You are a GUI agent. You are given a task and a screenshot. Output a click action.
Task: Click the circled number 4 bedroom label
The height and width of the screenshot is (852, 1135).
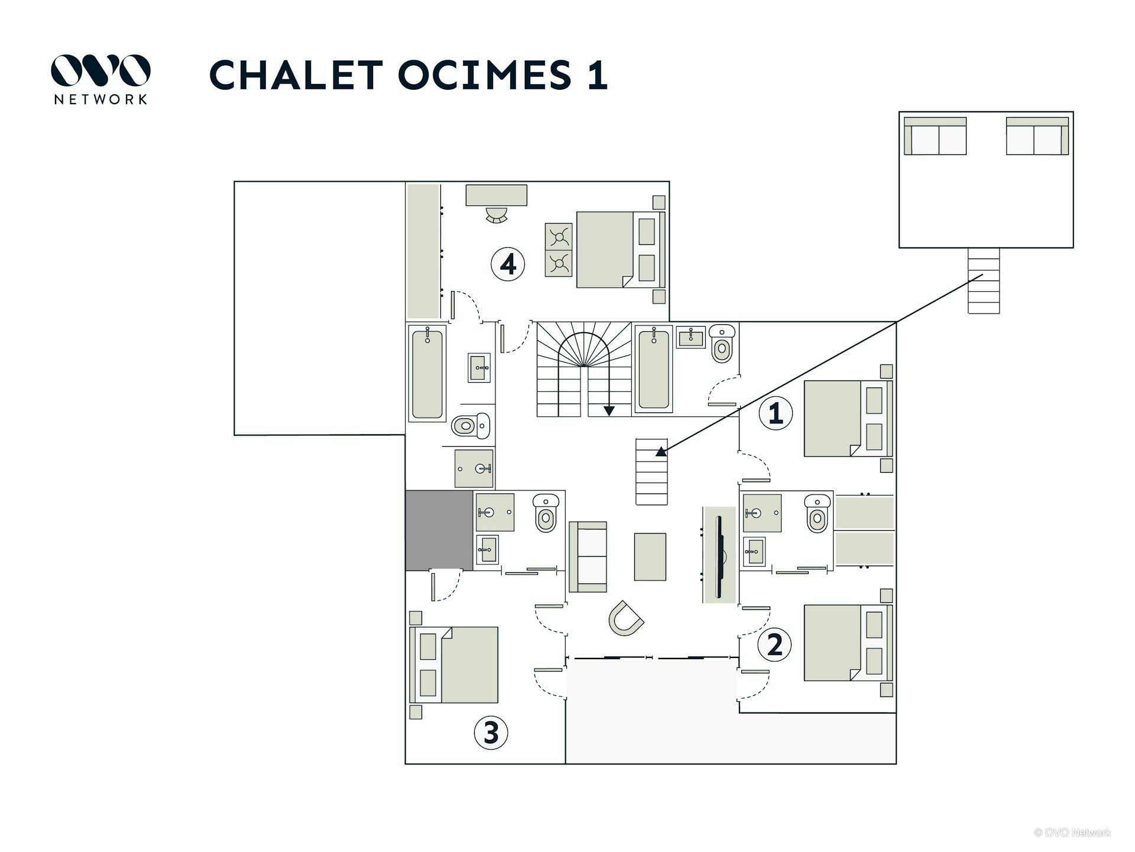(508, 264)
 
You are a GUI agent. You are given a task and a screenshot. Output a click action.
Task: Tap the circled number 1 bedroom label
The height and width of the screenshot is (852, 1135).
(775, 412)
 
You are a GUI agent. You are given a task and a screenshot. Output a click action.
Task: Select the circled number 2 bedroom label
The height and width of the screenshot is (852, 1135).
(774, 644)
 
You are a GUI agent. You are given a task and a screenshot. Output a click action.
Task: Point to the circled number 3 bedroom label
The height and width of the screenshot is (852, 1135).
(491, 732)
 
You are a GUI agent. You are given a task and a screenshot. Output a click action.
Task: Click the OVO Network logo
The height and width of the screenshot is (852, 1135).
(100, 79)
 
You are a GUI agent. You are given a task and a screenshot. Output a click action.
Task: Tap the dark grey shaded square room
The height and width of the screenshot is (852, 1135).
(439, 531)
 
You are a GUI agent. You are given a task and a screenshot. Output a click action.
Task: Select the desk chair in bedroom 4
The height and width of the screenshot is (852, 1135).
(496, 215)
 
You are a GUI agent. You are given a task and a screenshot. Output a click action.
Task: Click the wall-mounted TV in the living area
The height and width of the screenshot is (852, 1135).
(721, 556)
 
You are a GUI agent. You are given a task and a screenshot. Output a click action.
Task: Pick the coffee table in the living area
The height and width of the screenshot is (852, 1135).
(650, 557)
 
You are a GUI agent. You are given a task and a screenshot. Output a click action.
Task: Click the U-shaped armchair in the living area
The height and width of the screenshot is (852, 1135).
(625, 619)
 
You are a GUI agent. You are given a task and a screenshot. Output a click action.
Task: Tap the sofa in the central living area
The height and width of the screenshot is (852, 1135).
(588, 557)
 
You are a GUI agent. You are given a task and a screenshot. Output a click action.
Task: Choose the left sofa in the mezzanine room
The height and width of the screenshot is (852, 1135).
(935, 137)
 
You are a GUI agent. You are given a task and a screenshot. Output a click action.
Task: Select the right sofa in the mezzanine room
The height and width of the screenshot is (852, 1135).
(1037, 137)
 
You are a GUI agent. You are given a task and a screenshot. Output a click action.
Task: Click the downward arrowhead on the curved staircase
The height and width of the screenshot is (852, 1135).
(609, 411)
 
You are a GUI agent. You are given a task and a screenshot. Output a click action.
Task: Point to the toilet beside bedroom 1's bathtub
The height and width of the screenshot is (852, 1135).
(721, 344)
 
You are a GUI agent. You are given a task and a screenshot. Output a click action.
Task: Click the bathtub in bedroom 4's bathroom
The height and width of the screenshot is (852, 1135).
(427, 374)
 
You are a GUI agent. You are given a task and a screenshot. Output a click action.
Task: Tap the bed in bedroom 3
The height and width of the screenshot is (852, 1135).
(454, 665)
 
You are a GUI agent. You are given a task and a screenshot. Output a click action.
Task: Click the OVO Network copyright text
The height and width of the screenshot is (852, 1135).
(1072, 832)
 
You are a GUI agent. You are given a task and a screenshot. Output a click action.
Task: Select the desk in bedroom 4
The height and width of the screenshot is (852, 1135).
(496, 195)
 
